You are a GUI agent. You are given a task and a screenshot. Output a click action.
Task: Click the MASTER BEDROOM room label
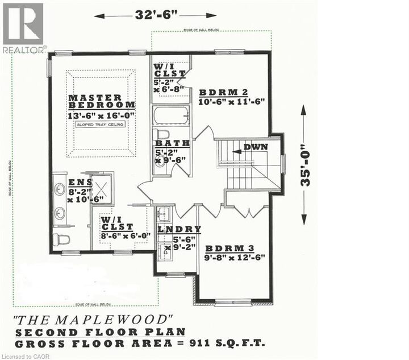102,101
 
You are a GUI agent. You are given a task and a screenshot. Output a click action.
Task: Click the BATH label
172,144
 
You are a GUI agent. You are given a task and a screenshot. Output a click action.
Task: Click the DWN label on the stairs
255,147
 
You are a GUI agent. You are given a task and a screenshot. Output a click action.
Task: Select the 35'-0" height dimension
307,165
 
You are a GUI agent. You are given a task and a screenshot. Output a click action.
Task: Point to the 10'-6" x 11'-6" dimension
231,102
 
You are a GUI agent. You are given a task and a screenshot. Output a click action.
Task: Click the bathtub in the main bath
170,115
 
